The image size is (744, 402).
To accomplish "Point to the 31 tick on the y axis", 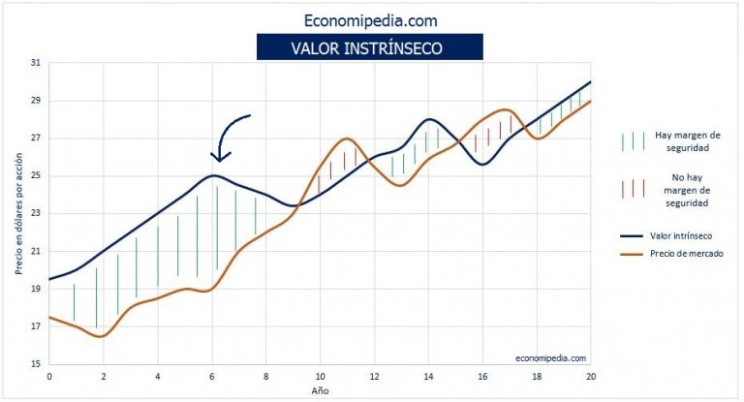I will pyautogui.click(x=35, y=63).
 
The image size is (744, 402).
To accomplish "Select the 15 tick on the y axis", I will pyautogui.click(x=35, y=364).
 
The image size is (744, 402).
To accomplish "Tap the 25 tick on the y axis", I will pyautogui.click(x=35, y=175).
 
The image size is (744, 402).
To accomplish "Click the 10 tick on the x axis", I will pyautogui.click(x=319, y=376).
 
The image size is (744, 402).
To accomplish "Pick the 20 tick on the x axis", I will pyautogui.click(x=589, y=376).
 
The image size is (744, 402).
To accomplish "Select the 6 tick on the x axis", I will pyautogui.click(x=211, y=376).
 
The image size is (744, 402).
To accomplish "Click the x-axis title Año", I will pyautogui.click(x=320, y=390).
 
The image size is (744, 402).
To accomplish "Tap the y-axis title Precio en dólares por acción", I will pyautogui.click(x=17, y=214).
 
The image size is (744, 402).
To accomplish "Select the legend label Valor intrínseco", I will pyautogui.click(x=682, y=233).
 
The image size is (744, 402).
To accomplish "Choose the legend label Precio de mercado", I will pyautogui.click(x=685, y=255).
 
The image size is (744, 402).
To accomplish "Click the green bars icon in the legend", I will pyautogui.click(x=631, y=141).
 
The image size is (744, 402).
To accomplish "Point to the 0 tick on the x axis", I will pyautogui.click(x=48, y=376).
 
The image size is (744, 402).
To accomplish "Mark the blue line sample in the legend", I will pyautogui.click(x=631, y=233).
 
